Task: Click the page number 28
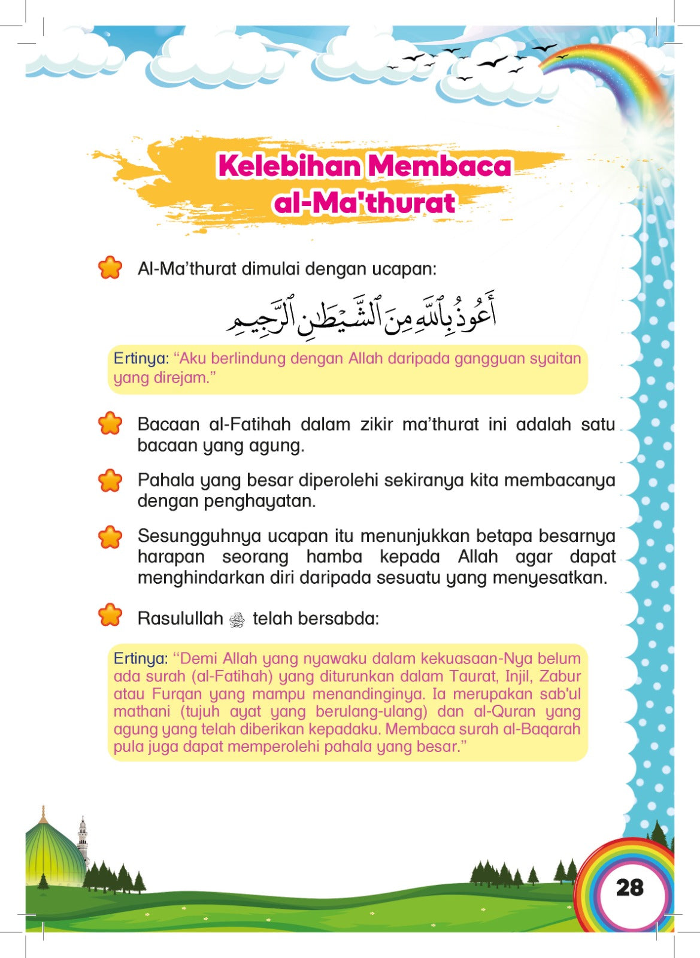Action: point(629,887)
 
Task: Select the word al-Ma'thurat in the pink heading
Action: point(364,203)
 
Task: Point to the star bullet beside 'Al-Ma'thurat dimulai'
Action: point(110,268)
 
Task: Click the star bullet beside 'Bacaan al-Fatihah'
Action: point(110,423)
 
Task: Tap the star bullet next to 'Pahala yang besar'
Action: point(110,480)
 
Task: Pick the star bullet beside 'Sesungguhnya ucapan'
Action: point(110,537)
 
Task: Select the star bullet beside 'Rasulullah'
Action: point(110,615)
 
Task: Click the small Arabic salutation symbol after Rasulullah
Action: point(238,620)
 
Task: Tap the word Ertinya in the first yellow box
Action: point(141,359)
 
